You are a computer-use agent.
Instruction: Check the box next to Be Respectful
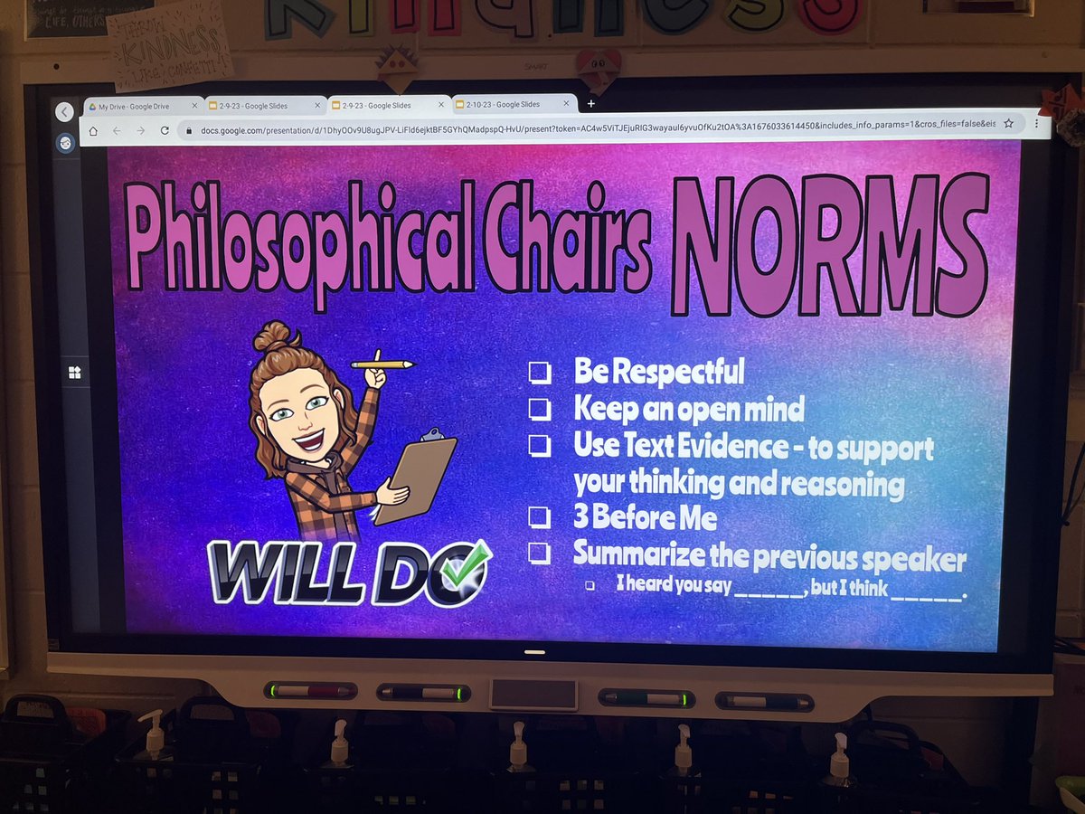pyautogui.click(x=540, y=372)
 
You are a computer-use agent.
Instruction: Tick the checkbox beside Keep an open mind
pyautogui.click(x=540, y=409)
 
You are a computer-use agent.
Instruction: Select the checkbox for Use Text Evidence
pyautogui.click(x=540, y=446)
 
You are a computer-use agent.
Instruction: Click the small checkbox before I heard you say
pyautogui.click(x=590, y=585)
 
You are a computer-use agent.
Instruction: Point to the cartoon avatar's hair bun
pyautogui.click(x=271, y=336)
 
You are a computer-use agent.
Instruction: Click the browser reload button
pyautogui.click(x=165, y=130)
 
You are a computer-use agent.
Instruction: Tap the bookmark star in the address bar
pyautogui.click(x=1009, y=123)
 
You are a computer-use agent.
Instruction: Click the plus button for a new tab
pyautogui.click(x=591, y=103)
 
